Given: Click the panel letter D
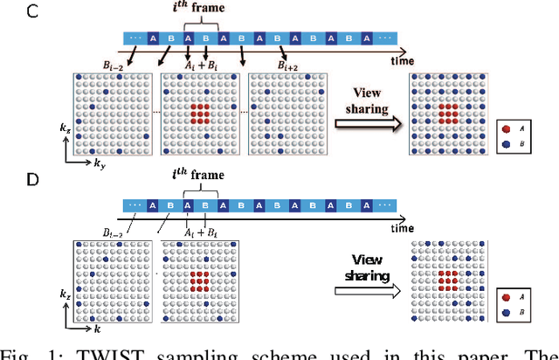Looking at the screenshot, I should pos(10,181).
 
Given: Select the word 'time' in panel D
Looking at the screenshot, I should pos(403,228).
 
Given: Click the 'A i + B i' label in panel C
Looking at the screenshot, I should pos(200,65).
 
